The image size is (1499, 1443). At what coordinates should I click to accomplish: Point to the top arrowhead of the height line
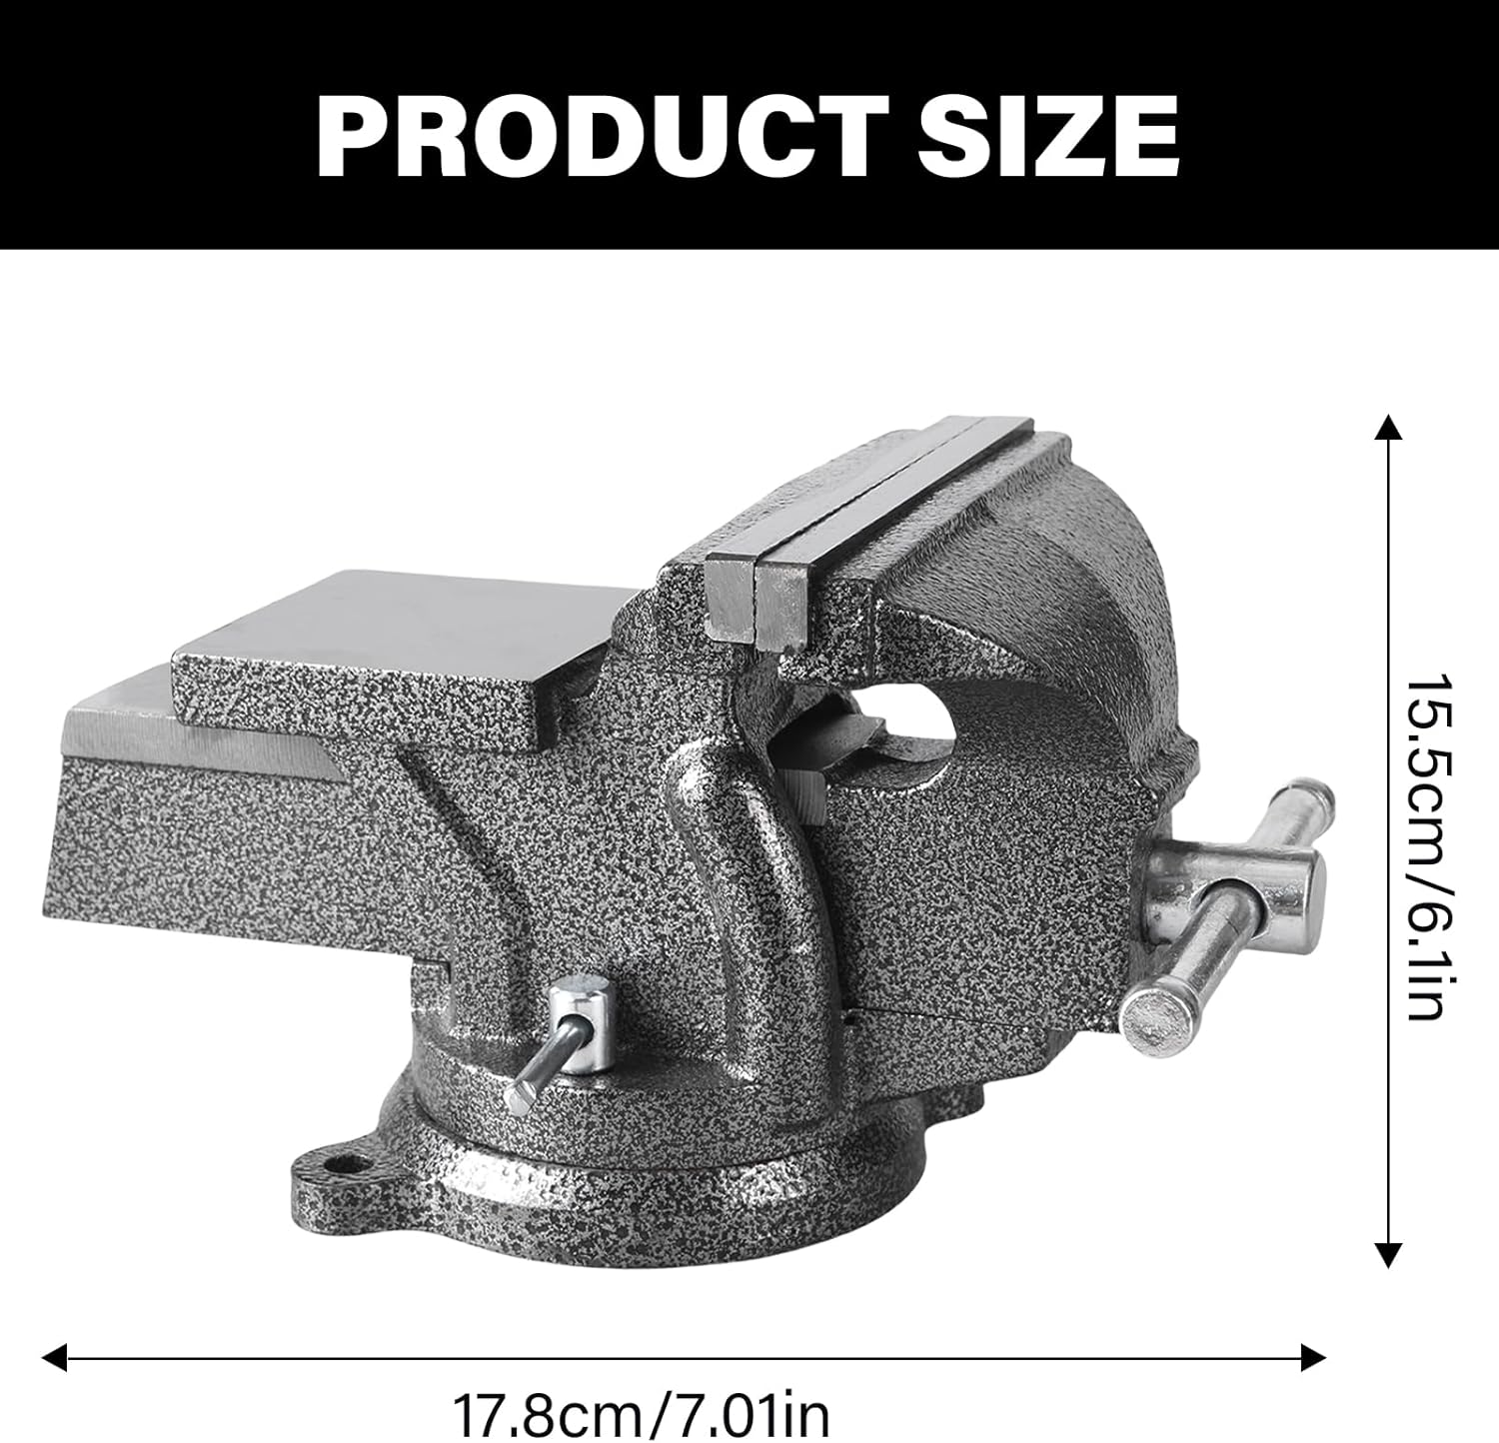point(1387,428)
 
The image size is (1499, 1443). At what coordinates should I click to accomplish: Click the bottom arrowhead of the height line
point(1387,1255)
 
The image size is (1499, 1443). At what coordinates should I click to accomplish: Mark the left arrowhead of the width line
point(53,1357)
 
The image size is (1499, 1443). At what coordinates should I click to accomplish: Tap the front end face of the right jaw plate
point(780,612)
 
